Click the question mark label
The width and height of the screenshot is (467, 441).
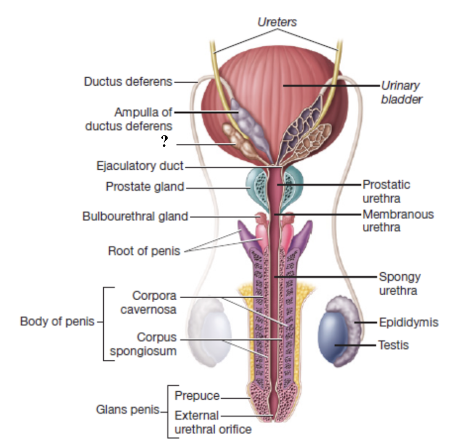tap(165, 142)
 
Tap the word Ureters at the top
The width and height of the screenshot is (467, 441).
tap(278, 22)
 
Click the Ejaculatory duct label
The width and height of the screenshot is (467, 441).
tap(140, 166)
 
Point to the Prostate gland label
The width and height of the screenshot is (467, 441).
tap(145, 187)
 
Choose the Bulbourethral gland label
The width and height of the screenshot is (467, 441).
tap(135, 216)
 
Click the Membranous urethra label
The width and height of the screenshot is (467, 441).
tap(398, 220)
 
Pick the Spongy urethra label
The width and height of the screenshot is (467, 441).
tap(399, 283)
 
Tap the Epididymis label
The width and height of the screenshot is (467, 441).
tap(409, 322)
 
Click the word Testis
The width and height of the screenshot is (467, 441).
tap(393, 345)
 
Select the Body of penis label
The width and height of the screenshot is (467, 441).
tap(57, 322)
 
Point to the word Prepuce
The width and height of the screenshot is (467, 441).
tap(197, 395)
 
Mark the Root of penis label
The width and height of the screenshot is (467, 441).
tap(144, 251)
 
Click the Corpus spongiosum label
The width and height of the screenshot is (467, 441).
tap(143, 345)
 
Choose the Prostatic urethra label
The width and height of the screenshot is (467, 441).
tap(386, 191)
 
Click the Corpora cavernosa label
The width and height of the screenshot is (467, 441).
tap(154, 303)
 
